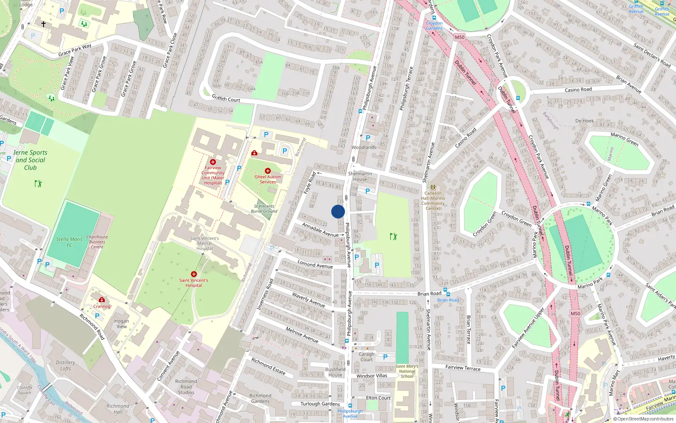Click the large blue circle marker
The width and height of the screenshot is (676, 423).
tap(338, 211)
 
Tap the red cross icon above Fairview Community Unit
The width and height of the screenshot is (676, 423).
tap(213, 162)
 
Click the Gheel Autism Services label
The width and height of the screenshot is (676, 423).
tap(268, 179)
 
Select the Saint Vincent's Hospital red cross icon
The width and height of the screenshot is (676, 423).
tap(194, 274)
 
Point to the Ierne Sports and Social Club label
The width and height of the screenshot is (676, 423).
tap(30, 160)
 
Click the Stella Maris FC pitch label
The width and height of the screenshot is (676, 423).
tap(69, 242)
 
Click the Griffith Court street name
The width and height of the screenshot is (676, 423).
tap(226, 99)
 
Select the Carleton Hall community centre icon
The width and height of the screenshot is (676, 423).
tap(433, 187)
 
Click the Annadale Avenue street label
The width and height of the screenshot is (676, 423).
tap(320, 230)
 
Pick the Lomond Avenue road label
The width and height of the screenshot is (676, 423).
tap(315, 264)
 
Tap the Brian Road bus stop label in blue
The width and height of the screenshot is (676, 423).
tap(448, 300)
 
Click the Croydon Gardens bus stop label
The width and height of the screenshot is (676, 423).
tap(434, 26)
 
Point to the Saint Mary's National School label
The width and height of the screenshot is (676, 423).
tap(407, 371)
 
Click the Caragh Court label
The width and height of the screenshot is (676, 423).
tap(366, 357)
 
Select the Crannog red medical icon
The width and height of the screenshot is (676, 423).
tap(102, 300)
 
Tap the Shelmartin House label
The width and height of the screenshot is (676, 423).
tap(360, 176)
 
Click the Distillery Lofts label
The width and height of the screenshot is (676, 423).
tap(65, 365)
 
